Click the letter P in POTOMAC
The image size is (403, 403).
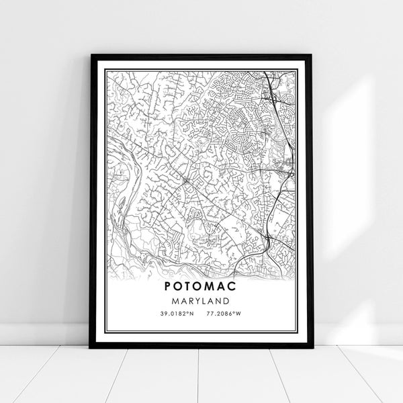point(167,285)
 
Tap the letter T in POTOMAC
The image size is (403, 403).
point(189,285)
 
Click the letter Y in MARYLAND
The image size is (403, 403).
point(199,301)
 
